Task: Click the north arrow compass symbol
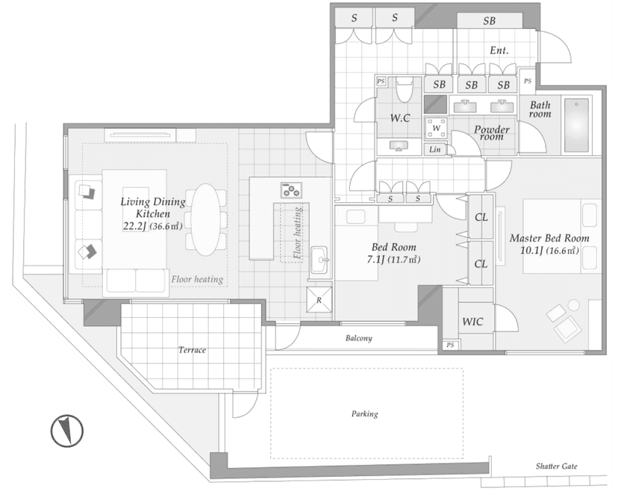pos(67,431)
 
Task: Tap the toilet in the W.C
pos(403,89)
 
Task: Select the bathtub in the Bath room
pos(576,125)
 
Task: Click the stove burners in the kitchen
pos(291,190)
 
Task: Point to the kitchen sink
pos(319,260)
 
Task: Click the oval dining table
pos(206,219)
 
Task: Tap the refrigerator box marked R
pos(319,299)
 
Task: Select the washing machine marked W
pos(436,128)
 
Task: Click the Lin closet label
pos(434,149)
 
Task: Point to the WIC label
pos(472,322)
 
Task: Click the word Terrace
pos(192,350)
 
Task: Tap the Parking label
pos(364,413)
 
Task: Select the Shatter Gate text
pos(556,466)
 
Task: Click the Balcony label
pos(359,338)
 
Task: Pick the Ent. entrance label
pos(499,51)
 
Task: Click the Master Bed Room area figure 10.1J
pos(531,250)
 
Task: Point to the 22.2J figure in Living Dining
pos(135,226)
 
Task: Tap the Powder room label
pos(491,133)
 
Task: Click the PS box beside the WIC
pos(450,345)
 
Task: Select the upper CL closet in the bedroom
pos(481,217)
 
